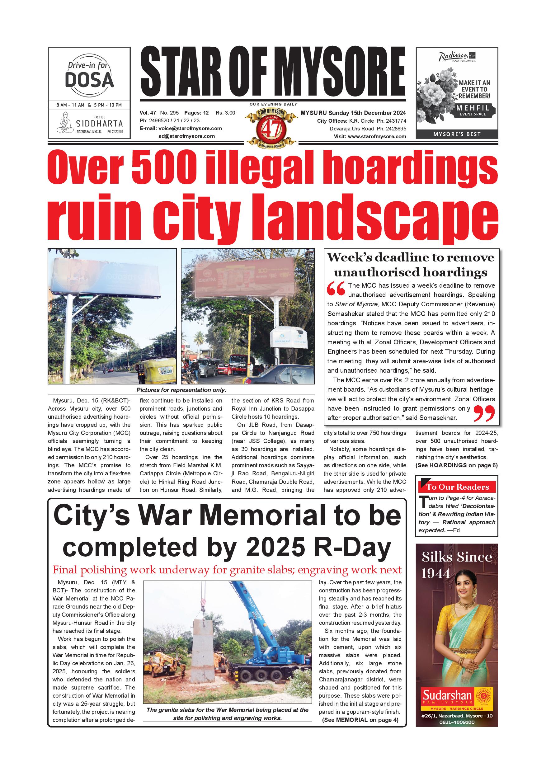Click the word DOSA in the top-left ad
pyautogui.click(x=89, y=80)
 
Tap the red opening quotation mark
pyautogui.click(x=336, y=289)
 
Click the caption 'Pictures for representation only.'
pyautogui.click(x=181, y=390)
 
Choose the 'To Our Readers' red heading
pyautogui.click(x=457, y=487)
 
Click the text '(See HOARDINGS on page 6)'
pyautogui.click(x=456, y=465)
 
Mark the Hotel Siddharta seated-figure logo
pyautogui.click(x=65, y=122)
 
